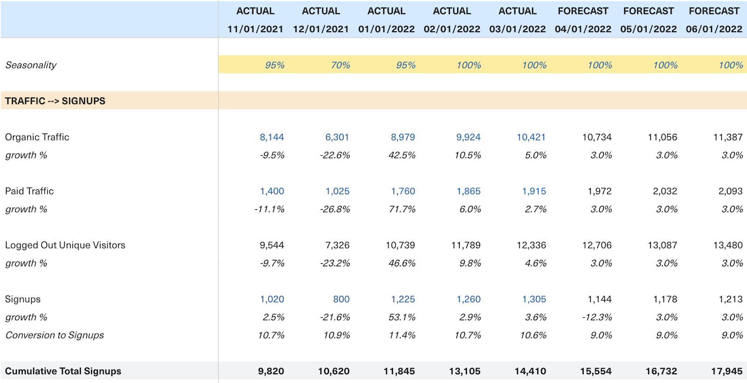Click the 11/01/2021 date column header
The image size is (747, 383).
coord(255,29)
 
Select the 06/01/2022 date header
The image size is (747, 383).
coord(714,29)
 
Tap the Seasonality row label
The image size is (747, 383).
coord(31,65)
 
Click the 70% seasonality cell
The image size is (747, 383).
coord(340,65)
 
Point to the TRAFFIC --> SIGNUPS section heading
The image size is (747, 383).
coord(55,101)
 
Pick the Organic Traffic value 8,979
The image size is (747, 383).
coord(402,137)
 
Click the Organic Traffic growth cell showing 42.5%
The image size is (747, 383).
coord(402,155)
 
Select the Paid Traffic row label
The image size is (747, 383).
coord(29,191)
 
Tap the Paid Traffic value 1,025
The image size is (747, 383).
coord(337,191)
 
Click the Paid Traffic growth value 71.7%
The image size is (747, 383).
coord(402,209)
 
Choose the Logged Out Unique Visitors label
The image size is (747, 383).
coord(65,245)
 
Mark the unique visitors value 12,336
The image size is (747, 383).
coord(531,245)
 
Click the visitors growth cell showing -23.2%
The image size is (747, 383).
coord(335,264)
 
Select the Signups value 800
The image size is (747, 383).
coord(341,299)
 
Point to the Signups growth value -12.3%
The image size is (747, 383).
coord(597,318)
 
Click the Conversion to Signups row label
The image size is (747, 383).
coord(55,335)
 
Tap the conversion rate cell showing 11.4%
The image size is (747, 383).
coord(402,335)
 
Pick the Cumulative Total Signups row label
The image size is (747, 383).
coord(63,371)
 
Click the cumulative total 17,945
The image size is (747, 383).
coord(726,371)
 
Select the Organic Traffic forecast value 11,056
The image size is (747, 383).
coord(662,137)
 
